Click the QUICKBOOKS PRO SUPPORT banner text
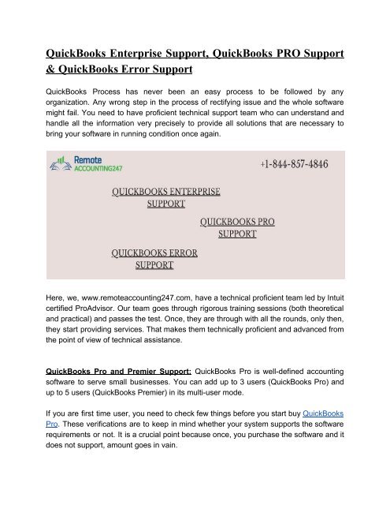coord(238,227)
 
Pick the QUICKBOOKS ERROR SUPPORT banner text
coord(154,259)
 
